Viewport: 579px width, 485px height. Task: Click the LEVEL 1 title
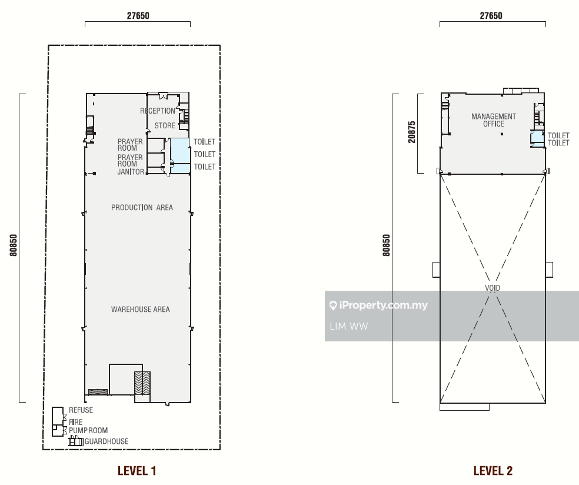coord(137,471)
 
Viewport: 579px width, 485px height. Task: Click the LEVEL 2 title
coord(493,471)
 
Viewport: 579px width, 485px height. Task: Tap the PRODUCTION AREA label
coord(142,208)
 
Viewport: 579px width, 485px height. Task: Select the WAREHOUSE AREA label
coord(140,310)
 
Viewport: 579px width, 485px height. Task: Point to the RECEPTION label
coord(157,111)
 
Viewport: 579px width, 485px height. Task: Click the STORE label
coord(165,125)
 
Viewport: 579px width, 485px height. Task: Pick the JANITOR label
coord(131,172)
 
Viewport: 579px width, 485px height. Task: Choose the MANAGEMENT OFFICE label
coord(494,120)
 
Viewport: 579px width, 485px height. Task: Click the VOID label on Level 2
coord(493,288)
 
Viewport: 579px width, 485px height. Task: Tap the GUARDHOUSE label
coord(107,441)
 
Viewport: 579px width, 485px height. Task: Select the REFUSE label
coord(81,410)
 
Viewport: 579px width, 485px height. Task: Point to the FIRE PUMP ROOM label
coord(88,426)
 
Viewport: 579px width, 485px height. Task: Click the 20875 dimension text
coord(412,132)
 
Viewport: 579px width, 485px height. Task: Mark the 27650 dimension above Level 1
coord(138,15)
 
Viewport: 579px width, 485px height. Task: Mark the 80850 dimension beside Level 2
coord(386,245)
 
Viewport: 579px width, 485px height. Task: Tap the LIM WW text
coord(348,326)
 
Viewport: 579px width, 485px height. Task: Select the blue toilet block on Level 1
coord(181,156)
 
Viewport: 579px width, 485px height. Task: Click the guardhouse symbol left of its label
coord(76,441)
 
